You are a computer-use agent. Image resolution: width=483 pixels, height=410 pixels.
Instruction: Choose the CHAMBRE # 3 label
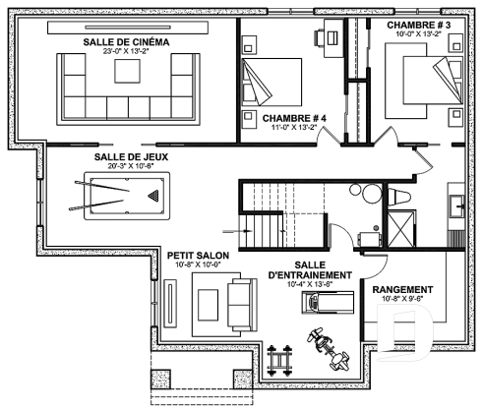tap(419, 23)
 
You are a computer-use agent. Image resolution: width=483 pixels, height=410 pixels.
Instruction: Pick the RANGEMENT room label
tap(404, 289)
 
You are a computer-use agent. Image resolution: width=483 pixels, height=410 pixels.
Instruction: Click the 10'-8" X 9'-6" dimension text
tap(404, 300)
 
